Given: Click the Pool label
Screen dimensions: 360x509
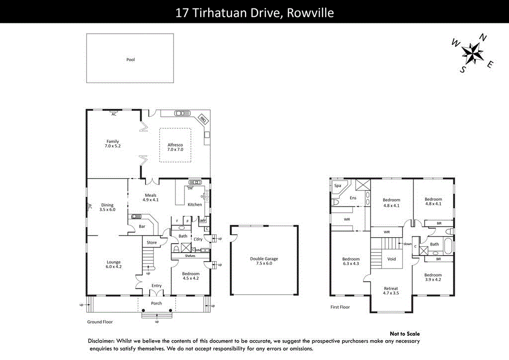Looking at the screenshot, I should [x=130, y=60].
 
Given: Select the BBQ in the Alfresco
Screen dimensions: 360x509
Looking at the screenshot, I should [x=203, y=119].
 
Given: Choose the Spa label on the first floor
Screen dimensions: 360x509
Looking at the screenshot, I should [x=338, y=185].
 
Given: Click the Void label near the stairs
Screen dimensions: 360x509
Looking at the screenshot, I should [x=392, y=259].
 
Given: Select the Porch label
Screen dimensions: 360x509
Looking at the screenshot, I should [x=157, y=303].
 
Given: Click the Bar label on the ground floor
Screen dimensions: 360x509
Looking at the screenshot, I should [x=142, y=227].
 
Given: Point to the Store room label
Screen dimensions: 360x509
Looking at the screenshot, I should [x=152, y=243].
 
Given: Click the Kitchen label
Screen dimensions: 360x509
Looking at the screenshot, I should [x=195, y=204].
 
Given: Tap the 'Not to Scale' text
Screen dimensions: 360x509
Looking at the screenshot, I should [x=405, y=334].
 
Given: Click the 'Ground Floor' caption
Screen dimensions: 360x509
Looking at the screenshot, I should [x=100, y=322].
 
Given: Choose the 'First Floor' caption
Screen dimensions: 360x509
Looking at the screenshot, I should [x=340, y=307].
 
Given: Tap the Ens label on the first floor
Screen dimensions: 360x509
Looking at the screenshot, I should [x=353, y=198].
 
